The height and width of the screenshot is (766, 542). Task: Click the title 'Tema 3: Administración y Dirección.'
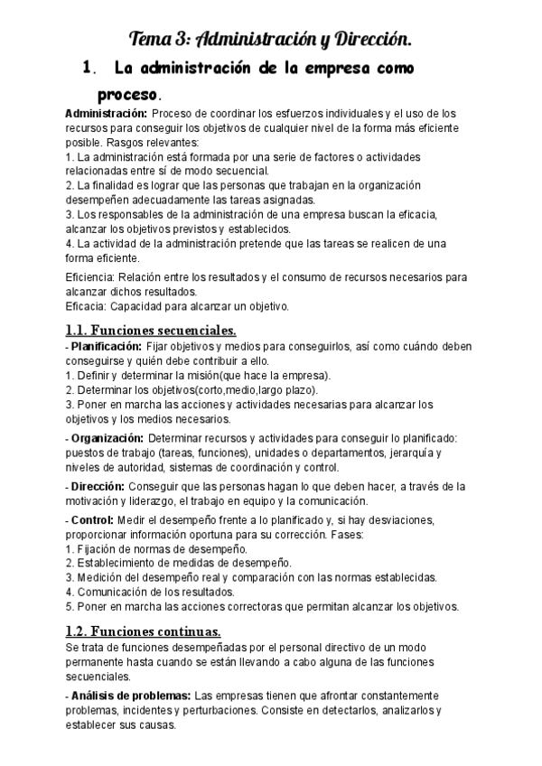(x=271, y=39)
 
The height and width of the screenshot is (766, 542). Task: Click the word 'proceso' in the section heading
(x=127, y=94)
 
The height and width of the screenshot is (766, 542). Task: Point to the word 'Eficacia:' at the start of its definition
(x=89, y=306)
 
